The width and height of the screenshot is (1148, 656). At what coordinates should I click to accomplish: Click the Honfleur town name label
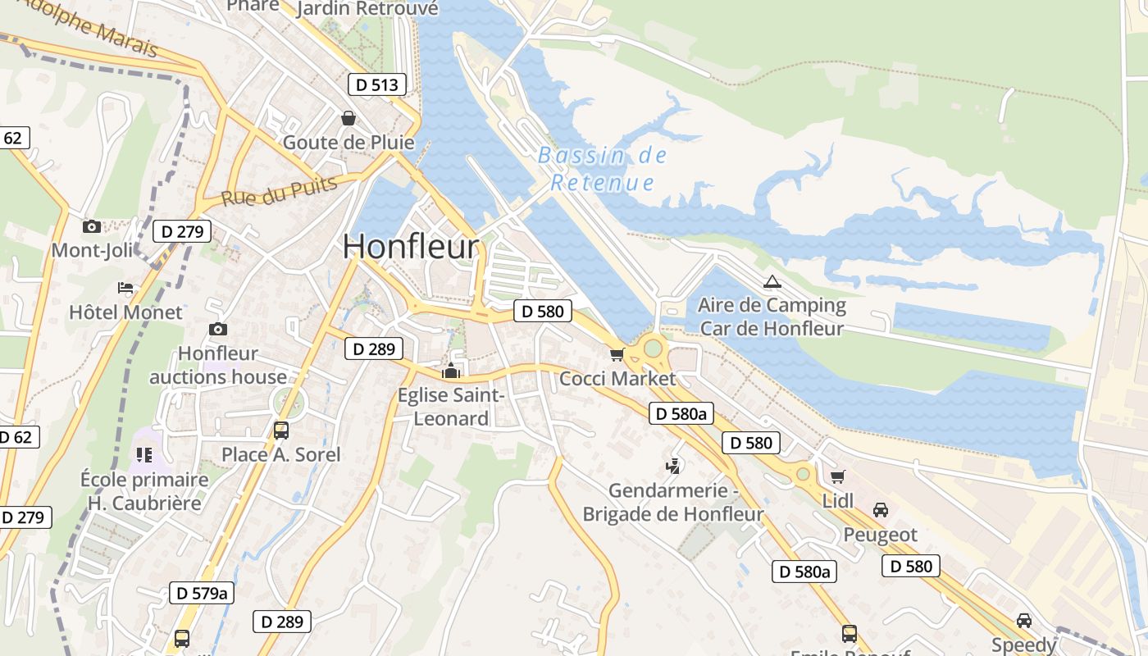coord(410,246)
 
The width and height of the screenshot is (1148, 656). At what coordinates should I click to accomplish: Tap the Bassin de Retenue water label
coord(603,169)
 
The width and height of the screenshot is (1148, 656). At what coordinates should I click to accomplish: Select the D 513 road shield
coord(377,84)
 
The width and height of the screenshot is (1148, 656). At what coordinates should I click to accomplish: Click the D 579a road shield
coord(202,593)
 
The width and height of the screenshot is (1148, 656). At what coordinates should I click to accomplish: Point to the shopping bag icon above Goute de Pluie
coord(348,118)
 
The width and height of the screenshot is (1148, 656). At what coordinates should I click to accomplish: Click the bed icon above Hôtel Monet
coord(125,288)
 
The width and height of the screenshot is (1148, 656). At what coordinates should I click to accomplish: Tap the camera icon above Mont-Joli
coord(91,226)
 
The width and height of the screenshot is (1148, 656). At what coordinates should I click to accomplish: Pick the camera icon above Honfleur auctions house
coord(217,329)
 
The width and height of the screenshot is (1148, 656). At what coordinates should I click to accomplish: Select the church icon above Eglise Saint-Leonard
coord(450,371)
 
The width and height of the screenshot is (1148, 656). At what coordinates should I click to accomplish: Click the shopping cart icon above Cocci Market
coord(617,354)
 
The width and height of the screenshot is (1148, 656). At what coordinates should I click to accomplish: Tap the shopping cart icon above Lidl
coord(837,476)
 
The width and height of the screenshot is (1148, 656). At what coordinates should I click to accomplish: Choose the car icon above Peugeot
coord(881,510)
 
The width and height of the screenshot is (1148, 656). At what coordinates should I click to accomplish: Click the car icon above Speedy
coord(1023,621)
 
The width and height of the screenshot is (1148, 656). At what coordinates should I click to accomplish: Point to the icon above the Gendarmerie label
coord(673,466)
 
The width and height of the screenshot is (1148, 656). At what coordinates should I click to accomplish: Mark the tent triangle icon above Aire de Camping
coord(772,282)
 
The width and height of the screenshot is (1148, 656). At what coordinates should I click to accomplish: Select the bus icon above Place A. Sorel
coord(280,430)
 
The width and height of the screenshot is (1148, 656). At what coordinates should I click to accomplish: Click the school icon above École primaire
coord(144,454)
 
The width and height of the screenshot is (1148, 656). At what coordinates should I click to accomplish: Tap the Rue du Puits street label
coord(279,190)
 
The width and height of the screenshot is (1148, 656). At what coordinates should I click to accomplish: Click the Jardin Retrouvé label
coord(367,9)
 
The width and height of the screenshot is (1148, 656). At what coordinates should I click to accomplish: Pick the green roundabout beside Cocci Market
coord(653,348)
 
